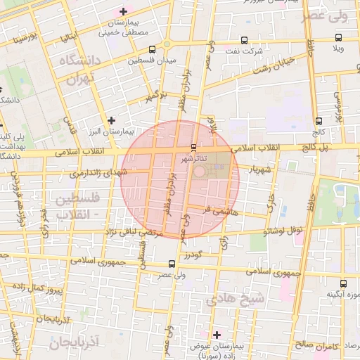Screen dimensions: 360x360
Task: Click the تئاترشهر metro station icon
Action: pos(194,147)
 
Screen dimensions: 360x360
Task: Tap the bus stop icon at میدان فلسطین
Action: pos(153,49)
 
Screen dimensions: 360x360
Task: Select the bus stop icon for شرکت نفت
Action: pos(244,40)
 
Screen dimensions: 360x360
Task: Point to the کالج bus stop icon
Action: pos(319,121)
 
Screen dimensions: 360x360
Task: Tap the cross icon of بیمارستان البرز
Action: pos(111,120)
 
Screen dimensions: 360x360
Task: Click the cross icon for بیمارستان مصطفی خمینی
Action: pos(124,11)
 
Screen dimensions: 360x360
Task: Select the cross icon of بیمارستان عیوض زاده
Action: pos(217,335)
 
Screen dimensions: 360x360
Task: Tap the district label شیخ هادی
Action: pos(236,299)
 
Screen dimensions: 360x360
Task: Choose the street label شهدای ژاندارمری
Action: pos(98,172)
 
